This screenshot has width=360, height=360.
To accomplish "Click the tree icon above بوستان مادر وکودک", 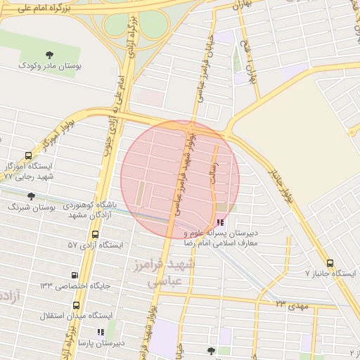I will (x=49, y=55).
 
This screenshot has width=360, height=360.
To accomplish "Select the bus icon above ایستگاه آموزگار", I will (x=28, y=156).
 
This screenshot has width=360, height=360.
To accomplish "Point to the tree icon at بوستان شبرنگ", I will (x=31, y=197).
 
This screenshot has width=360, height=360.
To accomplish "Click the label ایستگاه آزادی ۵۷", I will (x=95, y=245).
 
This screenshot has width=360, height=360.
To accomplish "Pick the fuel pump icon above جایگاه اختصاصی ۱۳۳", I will (x=75, y=275).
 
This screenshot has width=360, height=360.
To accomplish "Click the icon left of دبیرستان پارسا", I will (x=100, y=332).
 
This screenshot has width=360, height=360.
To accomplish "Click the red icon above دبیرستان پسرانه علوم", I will (x=221, y=222).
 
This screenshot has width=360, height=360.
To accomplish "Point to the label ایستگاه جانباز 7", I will (x=331, y=273).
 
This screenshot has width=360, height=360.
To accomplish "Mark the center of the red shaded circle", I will (x=180, y=179).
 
